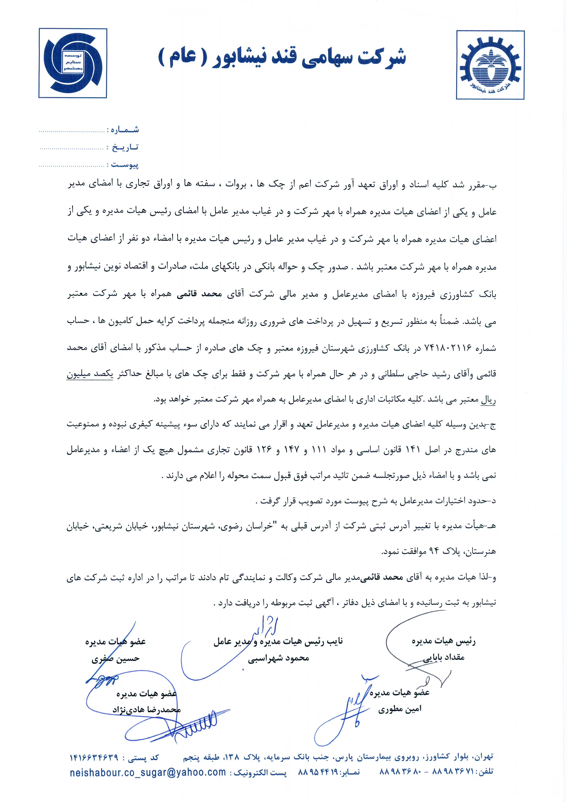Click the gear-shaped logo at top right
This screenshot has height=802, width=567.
(x=490, y=65)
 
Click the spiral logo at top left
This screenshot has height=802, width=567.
(x=73, y=63)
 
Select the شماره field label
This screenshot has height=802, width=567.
(x=125, y=130)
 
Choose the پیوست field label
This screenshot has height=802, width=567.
(x=125, y=165)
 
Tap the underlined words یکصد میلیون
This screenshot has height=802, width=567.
(x=90, y=374)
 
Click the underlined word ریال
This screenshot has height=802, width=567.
(x=488, y=400)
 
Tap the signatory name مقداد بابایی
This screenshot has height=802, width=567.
(x=444, y=657)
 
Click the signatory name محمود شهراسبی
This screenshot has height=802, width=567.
(x=278, y=658)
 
